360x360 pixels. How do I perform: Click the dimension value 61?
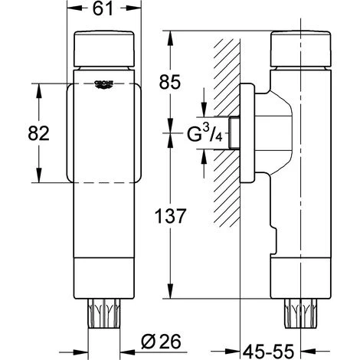[x=103, y=9]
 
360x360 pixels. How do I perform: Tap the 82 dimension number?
[x=38, y=133]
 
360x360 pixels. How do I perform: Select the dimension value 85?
[x=170, y=82]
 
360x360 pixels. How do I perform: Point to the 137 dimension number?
[x=171, y=216]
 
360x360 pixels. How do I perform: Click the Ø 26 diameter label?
[x=161, y=342]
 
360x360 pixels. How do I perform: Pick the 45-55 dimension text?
[x=268, y=352]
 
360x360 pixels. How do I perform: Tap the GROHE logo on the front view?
[x=104, y=84]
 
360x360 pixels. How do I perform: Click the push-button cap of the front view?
[x=104, y=49]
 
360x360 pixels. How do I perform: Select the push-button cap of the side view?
[x=301, y=49]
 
